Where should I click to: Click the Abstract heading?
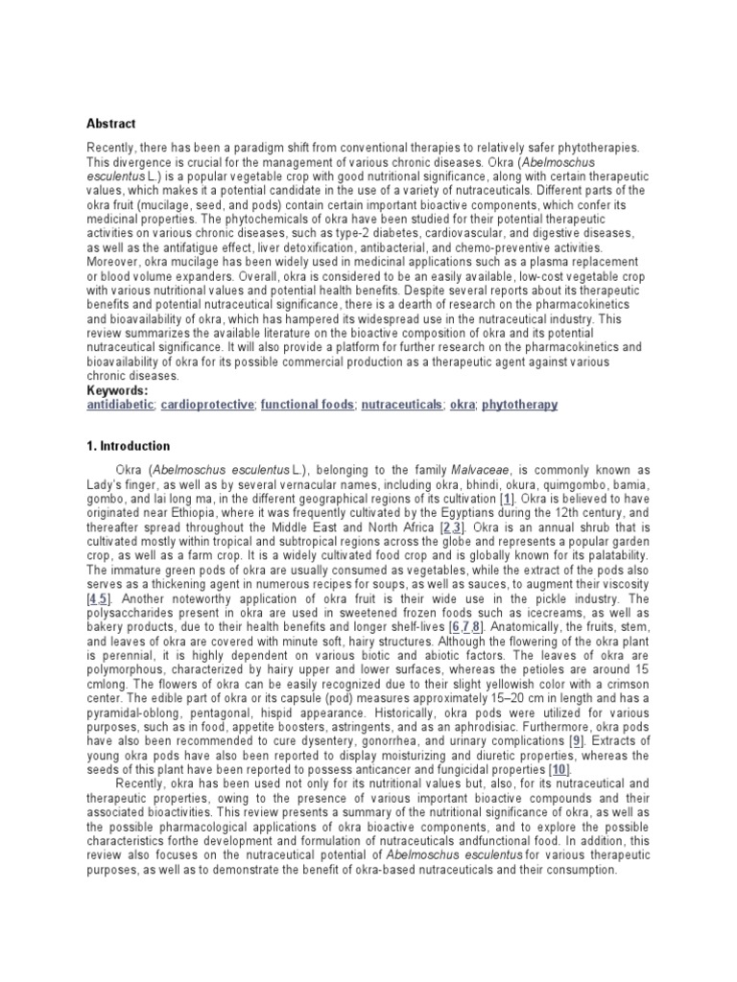tap(111, 124)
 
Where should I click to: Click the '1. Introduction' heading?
tap(128, 446)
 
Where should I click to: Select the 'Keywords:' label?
tap(117, 391)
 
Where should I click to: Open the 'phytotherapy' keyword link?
tap(519, 406)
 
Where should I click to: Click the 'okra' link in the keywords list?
tap(463, 406)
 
